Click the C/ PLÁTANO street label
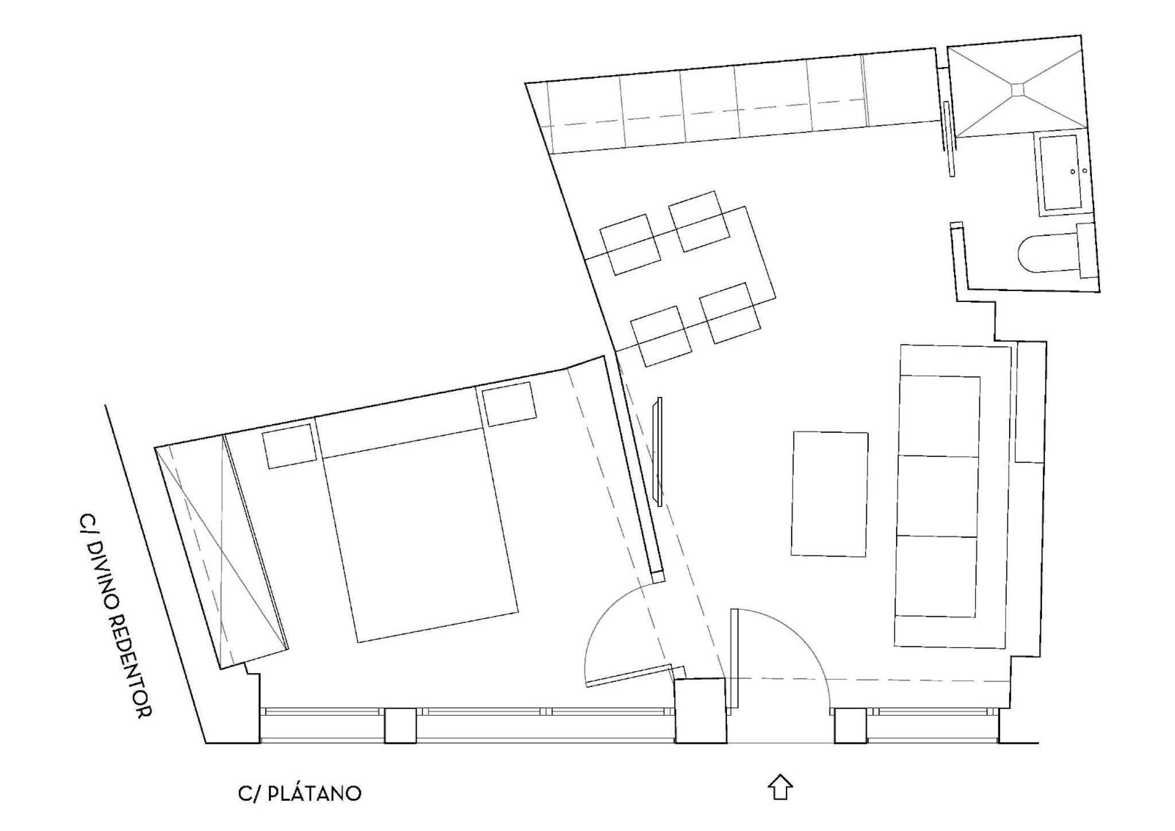[x=299, y=793]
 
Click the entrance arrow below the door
[x=780, y=789]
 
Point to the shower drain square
[x=1018, y=89]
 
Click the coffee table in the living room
[x=830, y=494]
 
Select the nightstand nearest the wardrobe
[x=290, y=446]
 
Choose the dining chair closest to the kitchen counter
[x=699, y=222]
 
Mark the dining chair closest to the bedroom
[x=662, y=336]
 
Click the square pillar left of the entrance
[x=699, y=710]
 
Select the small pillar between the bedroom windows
[x=400, y=725]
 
